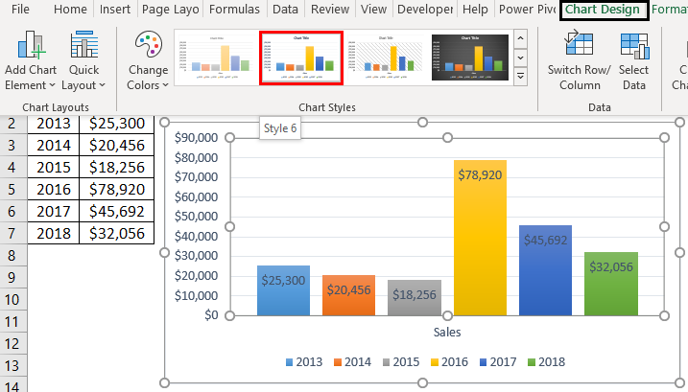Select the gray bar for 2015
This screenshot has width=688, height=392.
pyautogui.click(x=414, y=298)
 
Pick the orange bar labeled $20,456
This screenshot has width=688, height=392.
pyautogui.click(x=348, y=297)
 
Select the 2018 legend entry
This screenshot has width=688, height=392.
pyautogui.click(x=546, y=361)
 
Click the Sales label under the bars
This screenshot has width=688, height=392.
pyautogui.click(x=447, y=333)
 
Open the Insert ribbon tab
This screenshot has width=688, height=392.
pyautogui.click(x=115, y=10)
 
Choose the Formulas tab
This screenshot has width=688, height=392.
pyautogui.click(x=234, y=10)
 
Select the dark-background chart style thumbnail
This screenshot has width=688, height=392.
pyautogui.click(x=469, y=58)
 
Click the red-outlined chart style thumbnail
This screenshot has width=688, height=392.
pyautogui.click(x=300, y=58)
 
